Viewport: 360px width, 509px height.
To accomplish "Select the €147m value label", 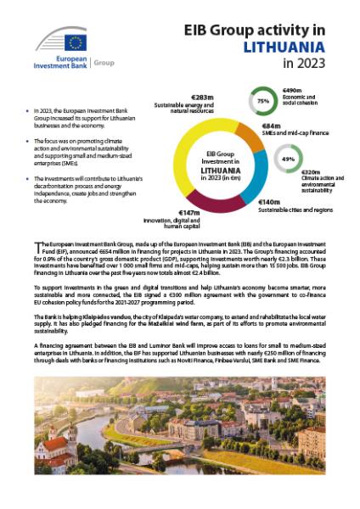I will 188,211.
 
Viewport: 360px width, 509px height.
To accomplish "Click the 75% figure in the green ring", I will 263,100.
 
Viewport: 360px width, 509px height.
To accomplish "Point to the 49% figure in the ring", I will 287,159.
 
